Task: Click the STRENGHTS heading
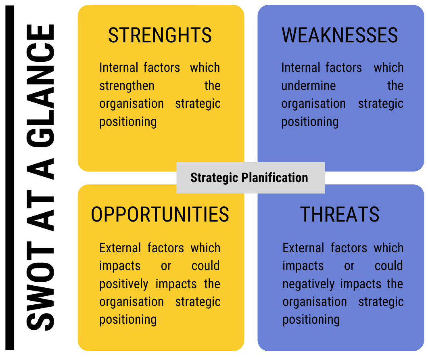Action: coord(160,35)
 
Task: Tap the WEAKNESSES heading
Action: coord(340,35)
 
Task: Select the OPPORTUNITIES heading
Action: coord(160,214)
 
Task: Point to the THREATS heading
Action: coord(340,214)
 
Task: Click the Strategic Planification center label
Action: coord(249,178)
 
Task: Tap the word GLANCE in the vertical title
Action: coord(40,86)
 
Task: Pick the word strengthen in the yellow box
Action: coord(127,86)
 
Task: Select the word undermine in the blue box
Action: coord(309,86)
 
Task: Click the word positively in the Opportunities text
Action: coord(124,284)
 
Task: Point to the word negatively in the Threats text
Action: coord(309,284)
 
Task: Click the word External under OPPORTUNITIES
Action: coord(120,248)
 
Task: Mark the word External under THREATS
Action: coord(303,248)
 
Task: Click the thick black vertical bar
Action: coord(10,178)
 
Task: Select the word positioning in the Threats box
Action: coord(311,320)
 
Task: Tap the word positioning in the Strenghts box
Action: coord(128,122)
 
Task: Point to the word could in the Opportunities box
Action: coord(206,266)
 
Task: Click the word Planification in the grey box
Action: coord(275,178)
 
